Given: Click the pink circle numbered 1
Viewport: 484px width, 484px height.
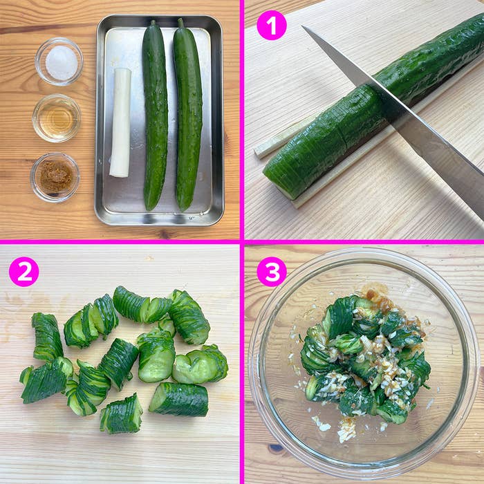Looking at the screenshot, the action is pyautogui.click(x=272, y=26).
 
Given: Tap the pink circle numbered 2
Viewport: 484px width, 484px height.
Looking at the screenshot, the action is pyautogui.click(x=24, y=272).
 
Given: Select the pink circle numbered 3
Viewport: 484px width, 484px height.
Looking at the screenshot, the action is pyautogui.click(x=272, y=272).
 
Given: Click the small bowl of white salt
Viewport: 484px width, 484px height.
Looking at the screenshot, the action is pyautogui.click(x=59, y=62).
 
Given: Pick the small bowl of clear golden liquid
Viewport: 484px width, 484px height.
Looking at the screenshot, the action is pyautogui.click(x=57, y=118).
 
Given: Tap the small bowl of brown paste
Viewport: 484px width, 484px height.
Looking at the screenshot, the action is pyautogui.click(x=55, y=178).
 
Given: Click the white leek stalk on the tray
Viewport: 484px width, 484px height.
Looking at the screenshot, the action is pyautogui.click(x=120, y=123).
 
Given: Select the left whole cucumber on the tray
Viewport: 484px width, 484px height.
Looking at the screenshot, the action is pyautogui.click(x=155, y=115).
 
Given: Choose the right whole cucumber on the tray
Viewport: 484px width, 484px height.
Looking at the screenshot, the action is pyautogui.click(x=187, y=115).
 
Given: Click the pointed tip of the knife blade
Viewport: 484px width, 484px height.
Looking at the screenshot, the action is pyautogui.click(x=303, y=27).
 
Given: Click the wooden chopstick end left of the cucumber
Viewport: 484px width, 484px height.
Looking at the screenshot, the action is pyautogui.click(x=262, y=151).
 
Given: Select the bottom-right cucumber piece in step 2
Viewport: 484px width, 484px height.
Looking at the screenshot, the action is pyautogui.click(x=179, y=400).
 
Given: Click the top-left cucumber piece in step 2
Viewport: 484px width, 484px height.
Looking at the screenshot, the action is pyautogui.click(x=47, y=337).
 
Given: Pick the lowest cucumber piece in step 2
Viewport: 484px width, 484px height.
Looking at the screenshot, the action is pyautogui.click(x=121, y=414).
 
